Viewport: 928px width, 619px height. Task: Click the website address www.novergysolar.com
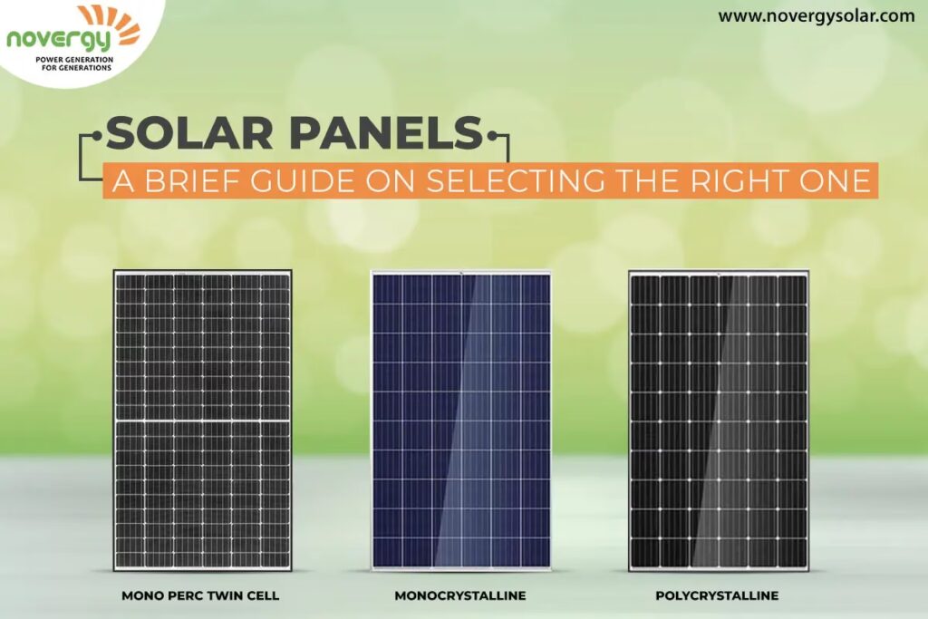pyautogui.click(x=816, y=15)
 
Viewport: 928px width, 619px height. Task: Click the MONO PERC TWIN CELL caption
pyautogui.click(x=201, y=596)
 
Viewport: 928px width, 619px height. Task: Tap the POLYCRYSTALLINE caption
pyautogui.click(x=717, y=596)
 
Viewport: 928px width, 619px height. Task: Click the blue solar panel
pyautogui.click(x=461, y=421)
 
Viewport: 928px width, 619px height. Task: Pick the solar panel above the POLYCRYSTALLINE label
pyautogui.click(x=718, y=421)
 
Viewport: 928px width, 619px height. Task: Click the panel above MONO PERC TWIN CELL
pyautogui.click(x=202, y=421)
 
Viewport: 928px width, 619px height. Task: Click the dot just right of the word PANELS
pyautogui.click(x=493, y=136)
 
